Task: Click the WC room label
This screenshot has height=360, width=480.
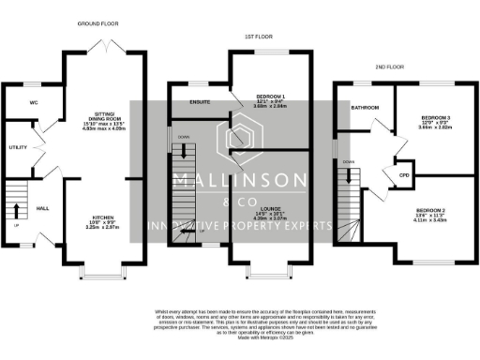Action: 33,101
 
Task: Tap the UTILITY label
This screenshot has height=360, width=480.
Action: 18,147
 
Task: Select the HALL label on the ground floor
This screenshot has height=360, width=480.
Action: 42,207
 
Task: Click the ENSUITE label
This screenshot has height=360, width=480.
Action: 198,99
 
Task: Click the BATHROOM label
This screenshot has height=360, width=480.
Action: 364,107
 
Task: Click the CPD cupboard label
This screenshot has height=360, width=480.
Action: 405,175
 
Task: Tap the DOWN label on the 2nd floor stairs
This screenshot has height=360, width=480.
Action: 348,162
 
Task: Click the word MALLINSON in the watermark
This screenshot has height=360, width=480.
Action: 239,179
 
